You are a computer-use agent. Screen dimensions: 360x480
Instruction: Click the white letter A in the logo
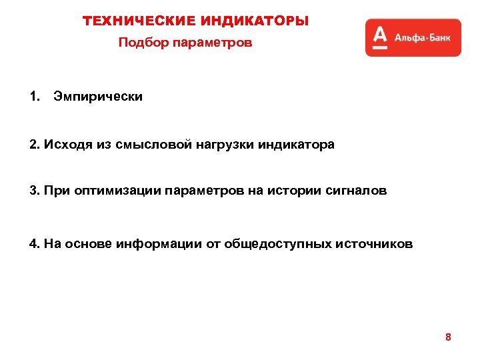click(380, 37)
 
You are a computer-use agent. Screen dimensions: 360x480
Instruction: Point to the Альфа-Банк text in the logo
click(422, 38)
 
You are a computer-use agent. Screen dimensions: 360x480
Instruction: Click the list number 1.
click(34, 97)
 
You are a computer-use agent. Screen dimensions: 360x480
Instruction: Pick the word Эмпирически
click(98, 97)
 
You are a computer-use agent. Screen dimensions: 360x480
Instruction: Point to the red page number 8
click(448, 337)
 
